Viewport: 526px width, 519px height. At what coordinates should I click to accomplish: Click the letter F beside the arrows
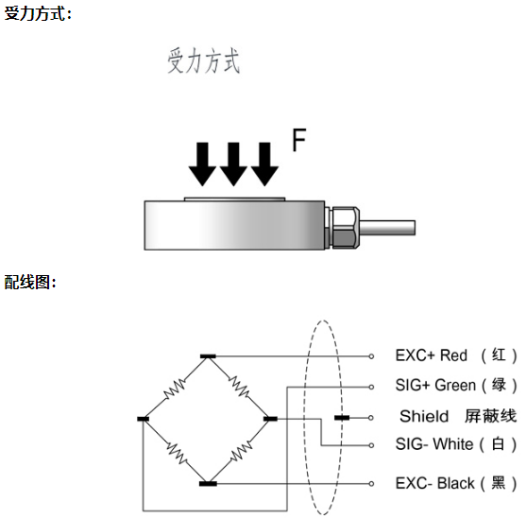[299, 140]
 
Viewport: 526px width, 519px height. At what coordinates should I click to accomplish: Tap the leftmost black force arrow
[202, 164]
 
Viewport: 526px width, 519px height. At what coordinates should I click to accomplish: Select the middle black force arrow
[233, 164]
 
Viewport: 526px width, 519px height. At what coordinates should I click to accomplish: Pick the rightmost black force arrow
[264, 164]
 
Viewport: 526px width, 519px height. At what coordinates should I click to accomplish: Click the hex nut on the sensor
[346, 228]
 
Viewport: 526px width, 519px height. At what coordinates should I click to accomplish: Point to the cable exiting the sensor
[387, 228]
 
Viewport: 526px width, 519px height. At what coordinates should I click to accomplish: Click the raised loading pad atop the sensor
[234, 199]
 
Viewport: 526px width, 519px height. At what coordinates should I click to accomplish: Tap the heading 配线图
[27, 282]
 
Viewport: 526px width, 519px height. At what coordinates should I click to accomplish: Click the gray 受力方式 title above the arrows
[204, 61]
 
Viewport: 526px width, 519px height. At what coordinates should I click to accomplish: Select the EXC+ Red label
[456, 355]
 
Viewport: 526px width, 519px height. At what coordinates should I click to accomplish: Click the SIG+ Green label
[456, 385]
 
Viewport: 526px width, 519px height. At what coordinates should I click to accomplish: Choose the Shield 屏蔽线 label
[458, 416]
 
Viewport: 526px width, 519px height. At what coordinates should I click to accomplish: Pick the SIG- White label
[456, 444]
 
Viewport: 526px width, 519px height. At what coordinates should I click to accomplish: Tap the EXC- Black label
[456, 483]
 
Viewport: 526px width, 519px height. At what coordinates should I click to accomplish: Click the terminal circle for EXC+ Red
[371, 356]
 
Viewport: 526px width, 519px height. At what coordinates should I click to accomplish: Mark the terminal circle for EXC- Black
[371, 484]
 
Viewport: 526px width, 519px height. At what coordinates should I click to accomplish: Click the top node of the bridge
[208, 356]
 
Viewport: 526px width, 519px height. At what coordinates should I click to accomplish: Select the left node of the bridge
[143, 419]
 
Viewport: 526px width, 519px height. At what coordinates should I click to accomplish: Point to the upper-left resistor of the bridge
[175, 389]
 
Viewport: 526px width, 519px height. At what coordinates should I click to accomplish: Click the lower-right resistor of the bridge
[241, 452]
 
